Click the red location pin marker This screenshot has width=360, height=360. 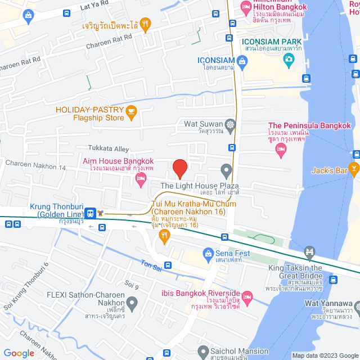[179, 168]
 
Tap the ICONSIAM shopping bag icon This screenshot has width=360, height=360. [242, 66]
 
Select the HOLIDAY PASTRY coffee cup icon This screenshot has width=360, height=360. [132, 112]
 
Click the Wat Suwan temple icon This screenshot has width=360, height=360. [230, 124]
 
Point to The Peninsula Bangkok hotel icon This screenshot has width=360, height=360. [281, 150]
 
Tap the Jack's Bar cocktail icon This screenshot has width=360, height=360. [354, 167]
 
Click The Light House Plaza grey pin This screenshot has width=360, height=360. [226, 169]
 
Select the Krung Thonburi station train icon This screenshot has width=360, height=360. [90, 213]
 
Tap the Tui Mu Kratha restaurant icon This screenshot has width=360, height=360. [164, 237]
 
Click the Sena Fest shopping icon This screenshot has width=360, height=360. [208, 253]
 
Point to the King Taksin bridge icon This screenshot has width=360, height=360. [309, 251]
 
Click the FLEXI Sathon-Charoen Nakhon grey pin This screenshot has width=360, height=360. [132, 304]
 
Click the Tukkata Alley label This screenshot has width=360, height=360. [109, 148]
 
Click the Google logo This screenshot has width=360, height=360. [19, 353]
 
